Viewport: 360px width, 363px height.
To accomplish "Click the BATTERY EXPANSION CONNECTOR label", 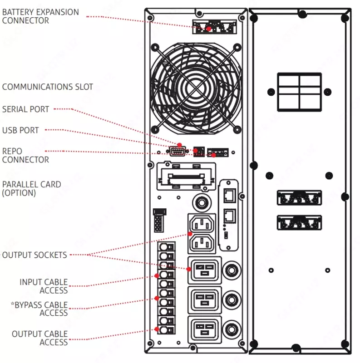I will (40, 16).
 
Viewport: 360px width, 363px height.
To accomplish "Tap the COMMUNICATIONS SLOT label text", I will (48, 87).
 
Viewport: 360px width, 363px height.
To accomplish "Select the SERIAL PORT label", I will (25, 109).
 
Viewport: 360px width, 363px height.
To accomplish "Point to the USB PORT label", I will (20, 131).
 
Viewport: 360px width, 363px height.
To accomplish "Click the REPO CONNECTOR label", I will (25, 155).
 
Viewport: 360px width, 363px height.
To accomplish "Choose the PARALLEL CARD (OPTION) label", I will (31, 189).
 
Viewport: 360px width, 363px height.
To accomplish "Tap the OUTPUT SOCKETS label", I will (35, 255).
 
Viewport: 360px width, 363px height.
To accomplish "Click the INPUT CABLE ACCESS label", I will (44, 286).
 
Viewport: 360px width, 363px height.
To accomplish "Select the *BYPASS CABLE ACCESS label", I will (39, 309).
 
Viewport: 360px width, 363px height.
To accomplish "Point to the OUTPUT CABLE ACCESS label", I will (40, 338).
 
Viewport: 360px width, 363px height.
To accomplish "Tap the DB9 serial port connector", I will (178, 152).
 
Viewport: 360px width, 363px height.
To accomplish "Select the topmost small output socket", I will (201, 223).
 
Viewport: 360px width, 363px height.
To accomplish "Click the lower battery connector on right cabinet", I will (299, 224).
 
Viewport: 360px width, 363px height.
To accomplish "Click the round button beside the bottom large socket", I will (232, 327).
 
